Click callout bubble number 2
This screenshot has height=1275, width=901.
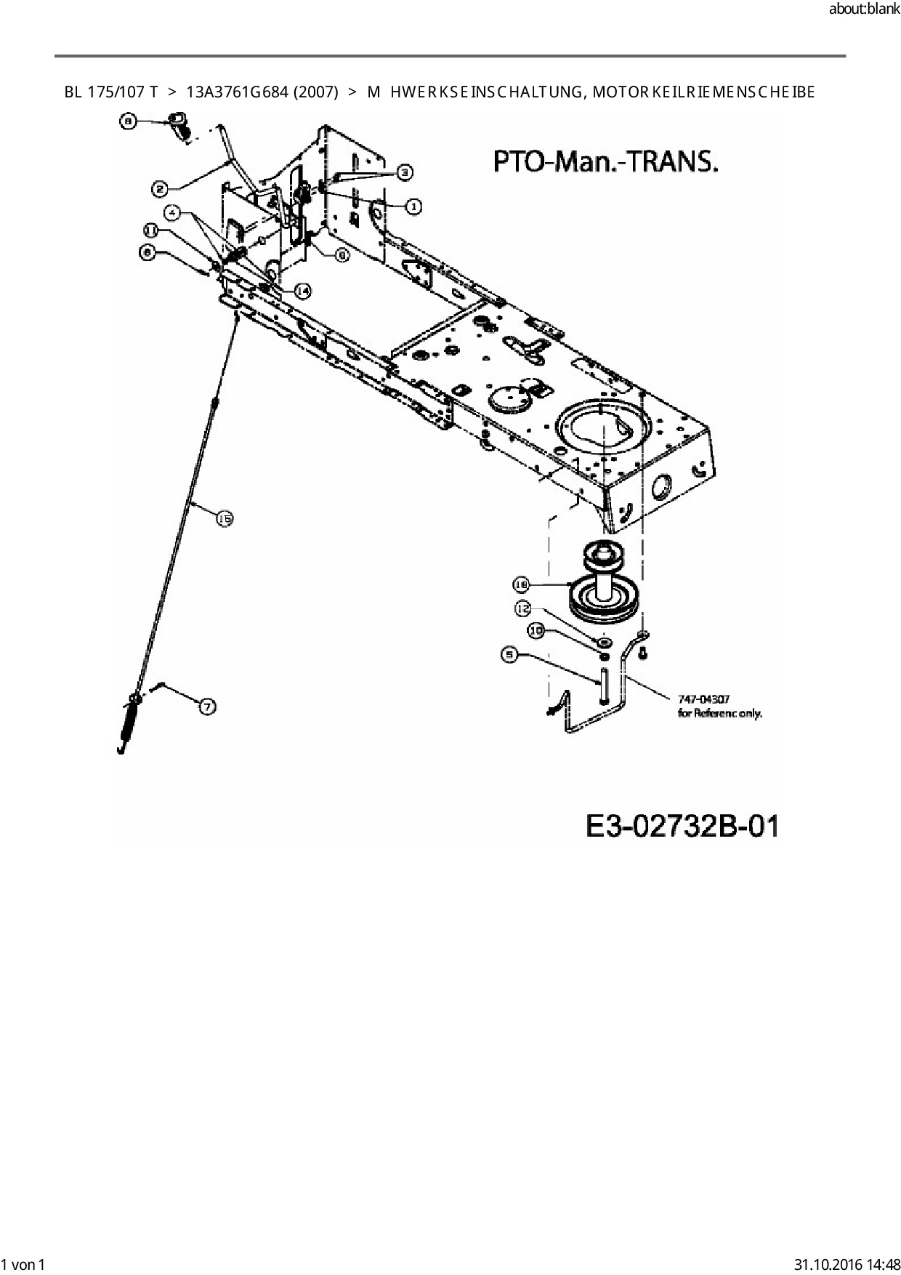(161, 189)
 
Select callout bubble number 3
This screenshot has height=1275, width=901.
(405, 172)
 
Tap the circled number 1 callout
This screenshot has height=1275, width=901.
(413, 206)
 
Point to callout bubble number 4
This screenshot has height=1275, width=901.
(172, 214)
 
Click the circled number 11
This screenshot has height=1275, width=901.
(151, 230)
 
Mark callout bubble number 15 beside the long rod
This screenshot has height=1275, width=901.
(225, 518)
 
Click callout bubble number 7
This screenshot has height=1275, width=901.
(208, 705)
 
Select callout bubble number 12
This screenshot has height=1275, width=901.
(523, 608)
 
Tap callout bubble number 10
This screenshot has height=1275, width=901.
(536, 631)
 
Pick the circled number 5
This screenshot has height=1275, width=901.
(509, 655)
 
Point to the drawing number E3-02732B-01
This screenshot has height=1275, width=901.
(682, 826)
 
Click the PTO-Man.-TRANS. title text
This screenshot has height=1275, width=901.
(605, 161)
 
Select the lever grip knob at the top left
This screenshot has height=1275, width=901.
(178, 125)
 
